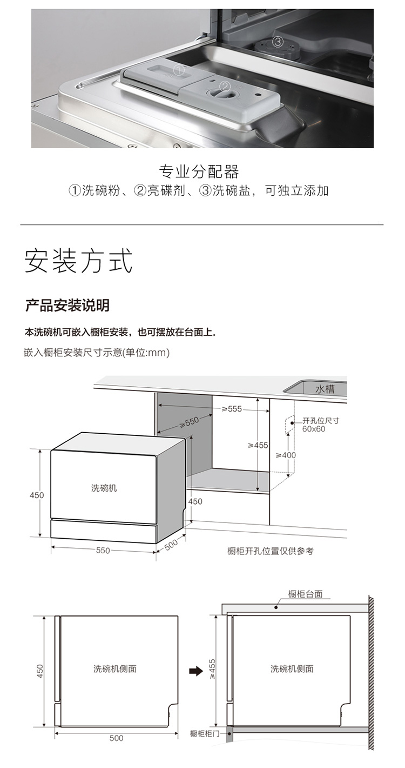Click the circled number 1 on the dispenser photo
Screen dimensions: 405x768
[179, 71]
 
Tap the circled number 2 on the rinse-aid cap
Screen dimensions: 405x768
[225, 86]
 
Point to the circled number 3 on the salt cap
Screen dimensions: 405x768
[278, 42]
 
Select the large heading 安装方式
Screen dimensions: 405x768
[79, 261]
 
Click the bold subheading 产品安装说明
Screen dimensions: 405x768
[67, 305]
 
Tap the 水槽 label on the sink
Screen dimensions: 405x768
[325, 389]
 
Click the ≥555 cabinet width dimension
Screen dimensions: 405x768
[232, 409]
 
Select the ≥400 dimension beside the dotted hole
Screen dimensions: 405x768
[286, 455]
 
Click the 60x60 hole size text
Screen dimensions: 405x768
[314, 429]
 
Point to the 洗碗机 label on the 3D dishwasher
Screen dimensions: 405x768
[104, 488]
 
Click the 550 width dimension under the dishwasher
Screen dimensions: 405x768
[103, 550]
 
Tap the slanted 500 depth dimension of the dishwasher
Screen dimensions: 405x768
[171, 544]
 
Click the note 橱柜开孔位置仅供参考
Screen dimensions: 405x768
[271, 551]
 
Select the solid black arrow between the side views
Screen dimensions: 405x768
[196, 671]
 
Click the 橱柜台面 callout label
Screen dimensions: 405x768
[306, 594]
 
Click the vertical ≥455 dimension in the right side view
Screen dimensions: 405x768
[212, 668]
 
